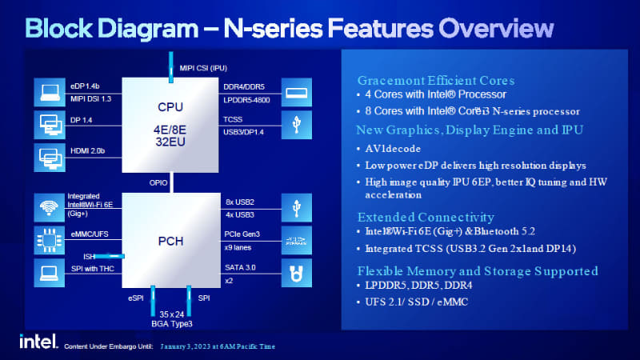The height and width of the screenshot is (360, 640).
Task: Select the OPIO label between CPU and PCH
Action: click(158, 182)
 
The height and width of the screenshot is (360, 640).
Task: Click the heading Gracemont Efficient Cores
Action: click(435, 81)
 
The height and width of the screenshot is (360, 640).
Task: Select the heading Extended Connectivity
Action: click(426, 216)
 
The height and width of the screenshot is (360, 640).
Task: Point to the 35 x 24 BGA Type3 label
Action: click(171, 318)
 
